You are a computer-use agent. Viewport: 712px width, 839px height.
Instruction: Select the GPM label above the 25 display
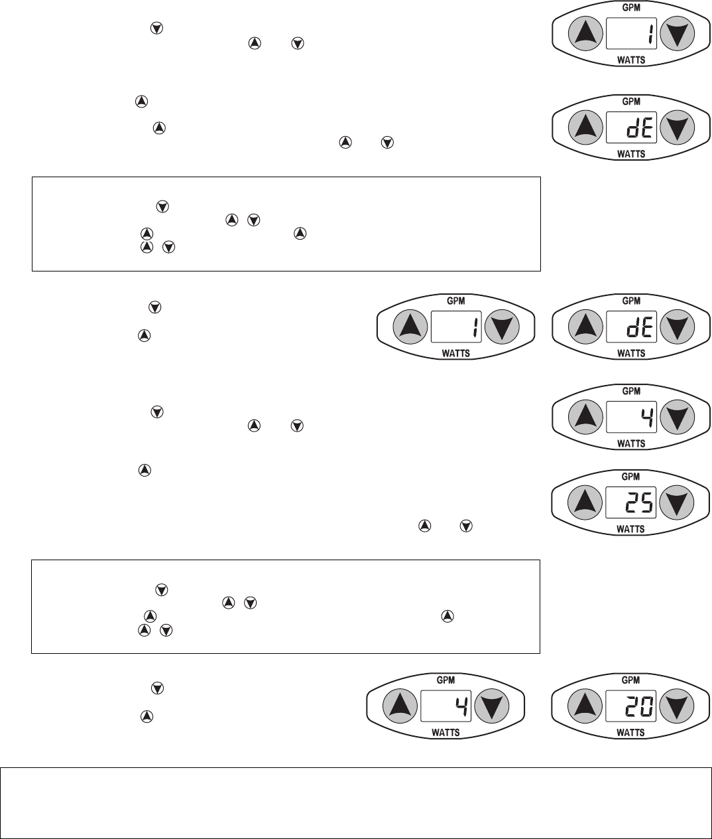pyautogui.click(x=631, y=477)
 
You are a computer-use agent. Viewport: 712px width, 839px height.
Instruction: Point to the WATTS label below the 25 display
pyautogui.click(x=631, y=530)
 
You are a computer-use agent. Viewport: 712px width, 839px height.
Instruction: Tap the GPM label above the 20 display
pyautogui.click(x=631, y=680)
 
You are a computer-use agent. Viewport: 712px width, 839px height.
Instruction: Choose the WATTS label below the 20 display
pyautogui.click(x=631, y=733)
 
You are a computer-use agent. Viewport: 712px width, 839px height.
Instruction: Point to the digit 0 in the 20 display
pyautogui.click(x=646, y=708)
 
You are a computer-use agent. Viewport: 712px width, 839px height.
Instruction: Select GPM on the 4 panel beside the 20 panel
pyautogui.click(x=445, y=680)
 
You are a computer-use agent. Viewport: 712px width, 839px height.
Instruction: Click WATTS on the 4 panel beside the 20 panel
pyautogui.click(x=445, y=733)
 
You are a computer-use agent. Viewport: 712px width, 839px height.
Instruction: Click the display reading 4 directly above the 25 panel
pyautogui.click(x=631, y=417)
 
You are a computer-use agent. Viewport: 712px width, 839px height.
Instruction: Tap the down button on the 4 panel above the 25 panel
pyautogui.click(x=677, y=417)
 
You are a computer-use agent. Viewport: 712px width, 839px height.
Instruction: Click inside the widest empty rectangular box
pyautogui.click(x=355, y=803)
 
